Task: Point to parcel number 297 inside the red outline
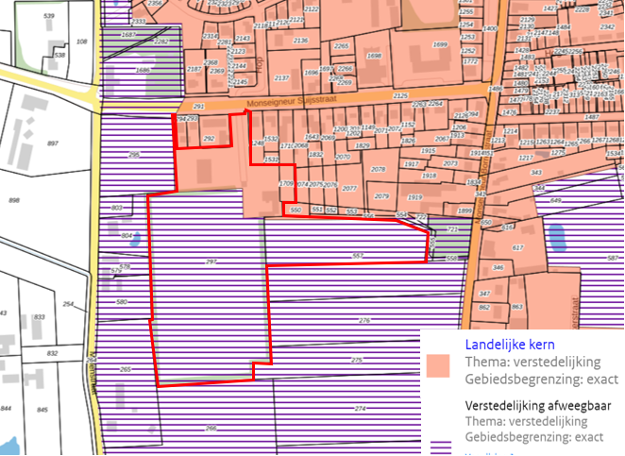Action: (211, 261)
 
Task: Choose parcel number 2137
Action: (281, 77)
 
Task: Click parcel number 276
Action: (364, 321)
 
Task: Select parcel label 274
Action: (360, 408)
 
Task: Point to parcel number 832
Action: (52, 353)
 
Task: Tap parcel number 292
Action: (210, 139)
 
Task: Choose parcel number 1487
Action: (592, 116)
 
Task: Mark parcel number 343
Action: (536, 173)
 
